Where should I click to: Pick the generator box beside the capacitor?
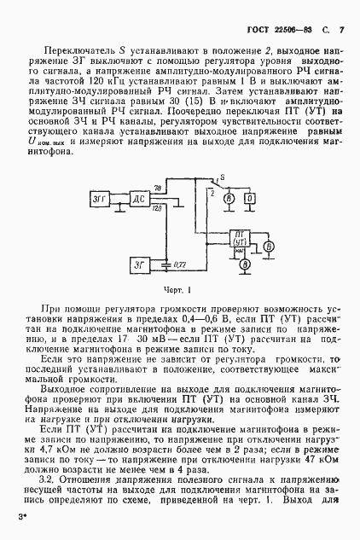tap(140, 264)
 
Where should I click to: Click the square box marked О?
tap(250, 198)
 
